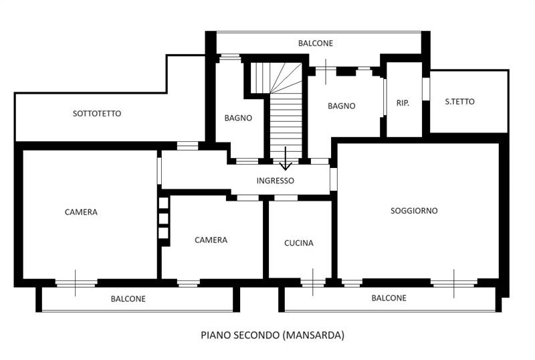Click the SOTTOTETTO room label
[97, 114]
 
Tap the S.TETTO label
[459, 102]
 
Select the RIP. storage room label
[403, 103]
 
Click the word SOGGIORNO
[414, 211]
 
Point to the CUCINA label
[298, 243]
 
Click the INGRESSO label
[275, 181]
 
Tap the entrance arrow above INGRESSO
[286, 159]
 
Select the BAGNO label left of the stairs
[238, 118]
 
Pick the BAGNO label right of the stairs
[341, 106]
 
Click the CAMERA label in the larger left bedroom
[81, 212]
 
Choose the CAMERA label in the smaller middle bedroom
[211, 240]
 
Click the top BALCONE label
[316, 43]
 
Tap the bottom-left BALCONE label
[128, 299]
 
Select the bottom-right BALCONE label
[389, 298]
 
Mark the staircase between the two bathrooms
[286, 120]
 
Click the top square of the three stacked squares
[163, 203]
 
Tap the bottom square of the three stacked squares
[163, 233]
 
